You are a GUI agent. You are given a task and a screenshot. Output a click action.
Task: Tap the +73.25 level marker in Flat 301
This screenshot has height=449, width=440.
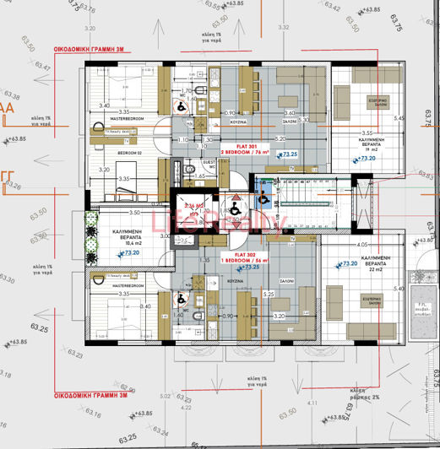(x=290, y=154)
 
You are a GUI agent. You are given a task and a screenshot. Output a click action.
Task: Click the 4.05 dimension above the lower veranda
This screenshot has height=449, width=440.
(x=352, y=245)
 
